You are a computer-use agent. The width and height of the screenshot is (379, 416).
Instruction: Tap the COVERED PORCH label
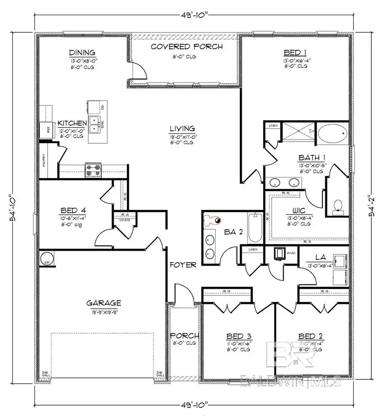pos(187,47)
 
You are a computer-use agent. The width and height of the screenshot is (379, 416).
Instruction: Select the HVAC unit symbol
pos(279,253)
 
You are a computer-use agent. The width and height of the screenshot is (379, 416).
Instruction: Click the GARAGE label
pos(104,303)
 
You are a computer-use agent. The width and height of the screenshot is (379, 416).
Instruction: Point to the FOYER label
pos(183,265)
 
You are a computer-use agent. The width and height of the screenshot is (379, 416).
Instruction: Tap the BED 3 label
pos(239,336)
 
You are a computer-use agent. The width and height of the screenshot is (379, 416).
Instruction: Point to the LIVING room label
pos(182,129)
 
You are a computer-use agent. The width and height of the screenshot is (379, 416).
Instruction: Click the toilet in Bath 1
pos(338,206)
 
